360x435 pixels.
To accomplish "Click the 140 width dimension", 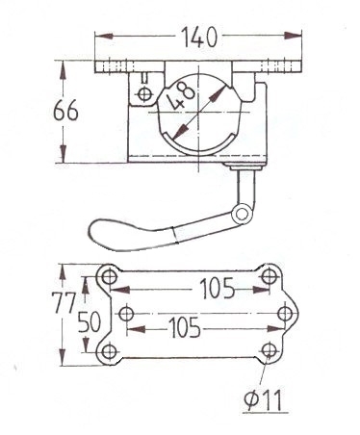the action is click(199, 37).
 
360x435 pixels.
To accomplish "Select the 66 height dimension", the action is click(65, 110).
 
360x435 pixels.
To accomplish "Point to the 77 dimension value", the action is click(64, 302).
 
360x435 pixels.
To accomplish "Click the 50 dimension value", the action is click(90, 321).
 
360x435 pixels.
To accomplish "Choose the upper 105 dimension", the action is click(217, 288).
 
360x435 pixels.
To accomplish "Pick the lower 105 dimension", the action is click(185, 327).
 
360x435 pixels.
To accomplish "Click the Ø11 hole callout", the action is click(263, 400).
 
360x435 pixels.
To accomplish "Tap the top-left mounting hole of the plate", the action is click(109, 277).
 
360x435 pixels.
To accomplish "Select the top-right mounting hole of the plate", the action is click(270, 276).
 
